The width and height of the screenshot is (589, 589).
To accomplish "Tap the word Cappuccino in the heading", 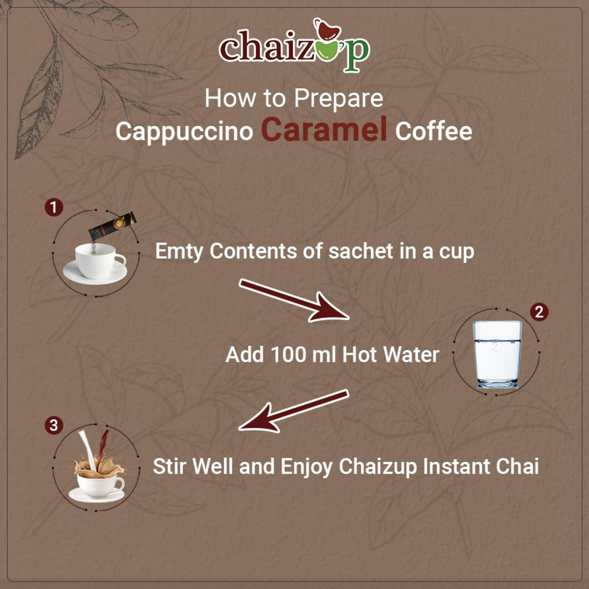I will coord(184,131).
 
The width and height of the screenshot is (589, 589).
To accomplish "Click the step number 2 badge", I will coord(539,312).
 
